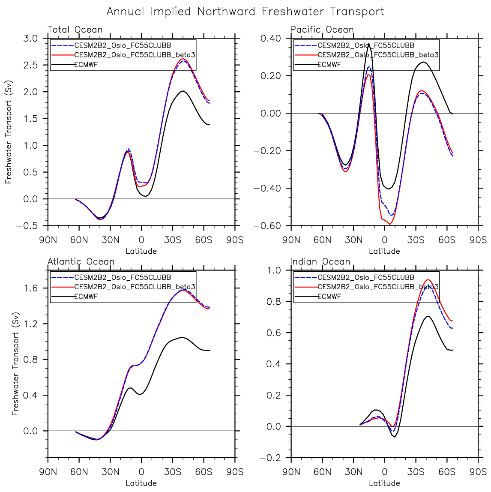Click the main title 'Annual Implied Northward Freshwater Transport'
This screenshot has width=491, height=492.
click(x=245, y=11)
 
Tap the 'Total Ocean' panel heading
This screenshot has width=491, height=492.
click(x=75, y=30)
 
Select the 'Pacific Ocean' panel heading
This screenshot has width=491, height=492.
click(x=322, y=30)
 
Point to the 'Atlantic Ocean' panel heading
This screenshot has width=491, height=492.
click(x=81, y=261)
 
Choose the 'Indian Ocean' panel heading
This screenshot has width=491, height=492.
click(x=320, y=261)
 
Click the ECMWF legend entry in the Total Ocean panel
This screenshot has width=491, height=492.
click(x=84, y=65)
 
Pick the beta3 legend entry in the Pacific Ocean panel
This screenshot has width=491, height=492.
click(x=378, y=55)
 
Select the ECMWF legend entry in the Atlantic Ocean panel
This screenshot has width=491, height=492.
click(x=86, y=296)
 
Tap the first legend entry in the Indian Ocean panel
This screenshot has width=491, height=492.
click(x=365, y=278)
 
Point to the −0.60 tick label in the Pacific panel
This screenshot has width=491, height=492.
click(x=267, y=226)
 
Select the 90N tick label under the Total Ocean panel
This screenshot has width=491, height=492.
click(x=48, y=240)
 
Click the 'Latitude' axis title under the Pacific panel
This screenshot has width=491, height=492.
click(x=384, y=251)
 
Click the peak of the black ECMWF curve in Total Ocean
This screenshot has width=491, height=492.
click(x=183, y=91)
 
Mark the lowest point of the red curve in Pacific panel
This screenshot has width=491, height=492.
click(x=389, y=224)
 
